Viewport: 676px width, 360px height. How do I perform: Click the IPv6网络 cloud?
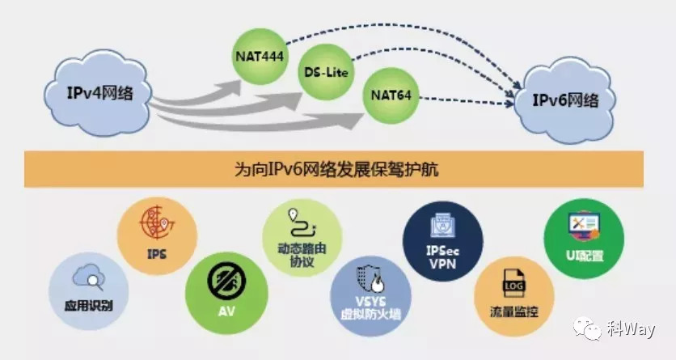point(565,100)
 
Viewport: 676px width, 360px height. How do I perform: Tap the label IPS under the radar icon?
point(157,253)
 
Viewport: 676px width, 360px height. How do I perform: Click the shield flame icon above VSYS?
point(371,276)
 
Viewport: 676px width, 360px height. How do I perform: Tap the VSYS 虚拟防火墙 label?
point(371,307)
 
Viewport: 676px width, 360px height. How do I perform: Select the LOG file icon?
point(514,281)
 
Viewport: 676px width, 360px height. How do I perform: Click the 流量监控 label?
point(514,311)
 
